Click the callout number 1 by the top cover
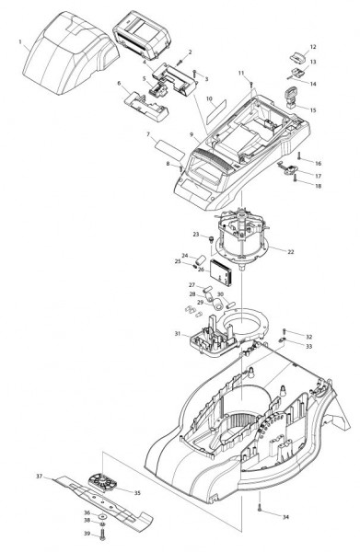point(20,42)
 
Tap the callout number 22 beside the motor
point(291,252)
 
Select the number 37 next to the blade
point(40,477)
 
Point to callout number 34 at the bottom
point(285,517)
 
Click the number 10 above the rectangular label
point(210,99)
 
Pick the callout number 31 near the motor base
point(178,333)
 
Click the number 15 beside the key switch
point(313,110)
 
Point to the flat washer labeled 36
point(103,516)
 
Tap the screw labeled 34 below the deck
point(260,507)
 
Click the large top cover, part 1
point(71,52)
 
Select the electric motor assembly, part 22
point(243,239)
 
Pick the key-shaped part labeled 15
point(292,98)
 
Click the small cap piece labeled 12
point(298,55)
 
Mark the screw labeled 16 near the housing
point(299,156)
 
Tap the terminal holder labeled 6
point(146,106)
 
